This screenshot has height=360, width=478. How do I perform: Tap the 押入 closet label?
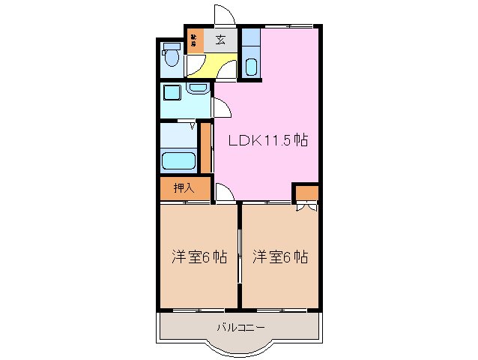184,188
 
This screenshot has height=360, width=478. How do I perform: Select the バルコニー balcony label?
240,326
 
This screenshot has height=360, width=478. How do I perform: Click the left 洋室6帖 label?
198,256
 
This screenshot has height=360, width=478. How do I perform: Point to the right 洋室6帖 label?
280,256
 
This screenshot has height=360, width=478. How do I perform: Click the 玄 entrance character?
222,40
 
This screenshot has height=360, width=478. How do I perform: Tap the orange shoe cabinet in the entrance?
194,40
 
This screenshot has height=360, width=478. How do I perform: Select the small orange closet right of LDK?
306,193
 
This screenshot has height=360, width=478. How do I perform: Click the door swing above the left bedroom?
224,193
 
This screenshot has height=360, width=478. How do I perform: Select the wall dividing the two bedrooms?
239,255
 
